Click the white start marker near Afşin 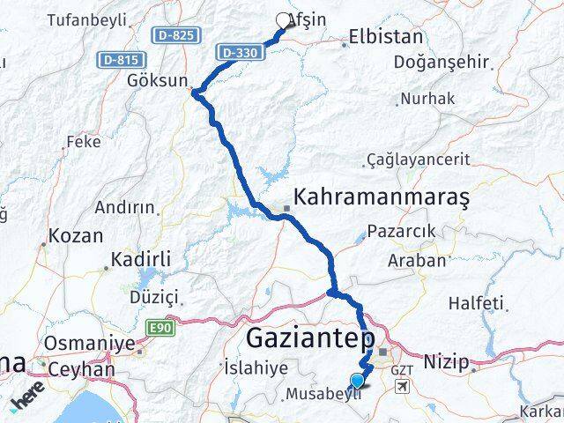pyautogui.click(x=283, y=20)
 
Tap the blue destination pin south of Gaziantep pyautogui.click(x=357, y=381)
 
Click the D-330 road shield pyautogui.click(x=241, y=53)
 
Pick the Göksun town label pyautogui.click(x=157, y=80)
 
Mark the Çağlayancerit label pyautogui.click(x=422, y=160)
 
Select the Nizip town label pyautogui.click(x=447, y=360)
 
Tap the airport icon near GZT pyautogui.click(x=403, y=387)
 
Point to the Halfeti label pyautogui.click(x=476, y=302)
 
